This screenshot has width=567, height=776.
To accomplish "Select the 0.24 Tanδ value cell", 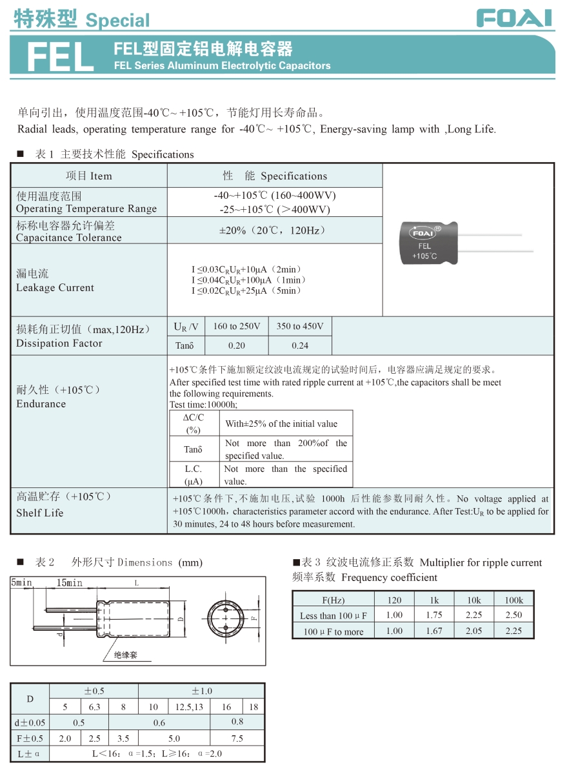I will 300,345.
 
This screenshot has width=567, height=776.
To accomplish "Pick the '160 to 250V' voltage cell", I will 236,327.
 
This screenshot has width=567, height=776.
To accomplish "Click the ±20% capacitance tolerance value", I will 274,230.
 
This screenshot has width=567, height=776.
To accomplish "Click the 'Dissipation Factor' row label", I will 59,343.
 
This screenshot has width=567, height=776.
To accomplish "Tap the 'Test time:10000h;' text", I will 203,405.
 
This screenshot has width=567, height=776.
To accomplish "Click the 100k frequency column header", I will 513,600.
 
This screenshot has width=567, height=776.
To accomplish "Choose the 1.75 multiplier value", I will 434,615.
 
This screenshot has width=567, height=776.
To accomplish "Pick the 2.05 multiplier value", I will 473,631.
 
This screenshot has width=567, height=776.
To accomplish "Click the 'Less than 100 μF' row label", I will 333,616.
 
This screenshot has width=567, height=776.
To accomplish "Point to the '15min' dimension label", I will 70,583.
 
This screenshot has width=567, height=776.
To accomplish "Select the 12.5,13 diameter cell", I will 189,707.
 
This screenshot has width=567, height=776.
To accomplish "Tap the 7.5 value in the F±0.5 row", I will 237,739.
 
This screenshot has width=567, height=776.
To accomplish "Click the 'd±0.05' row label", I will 30,723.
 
